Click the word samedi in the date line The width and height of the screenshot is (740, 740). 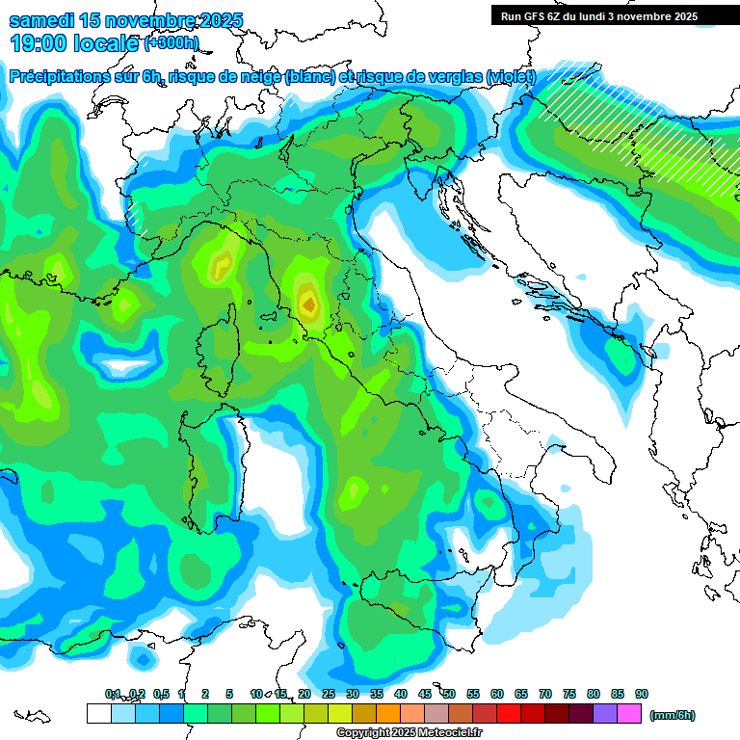(x=39, y=20)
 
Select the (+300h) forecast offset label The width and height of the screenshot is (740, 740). (x=171, y=43)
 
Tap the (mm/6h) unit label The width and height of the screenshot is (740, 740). (x=672, y=715)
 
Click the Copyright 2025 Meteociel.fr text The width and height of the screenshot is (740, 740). (x=410, y=732)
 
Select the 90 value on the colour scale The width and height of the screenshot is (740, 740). (x=642, y=694)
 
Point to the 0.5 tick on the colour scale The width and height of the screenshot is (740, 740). (x=160, y=694)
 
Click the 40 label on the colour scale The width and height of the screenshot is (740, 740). (x=401, y=694)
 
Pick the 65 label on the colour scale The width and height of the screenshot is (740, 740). (x=521, y=694)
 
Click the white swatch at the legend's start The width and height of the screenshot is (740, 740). (x=98, y=713)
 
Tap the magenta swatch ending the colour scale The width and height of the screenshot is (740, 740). (x=629, y=713)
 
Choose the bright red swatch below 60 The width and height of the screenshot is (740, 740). (x=509, y=713)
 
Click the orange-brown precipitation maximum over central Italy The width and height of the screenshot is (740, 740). (x=308, y=304)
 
